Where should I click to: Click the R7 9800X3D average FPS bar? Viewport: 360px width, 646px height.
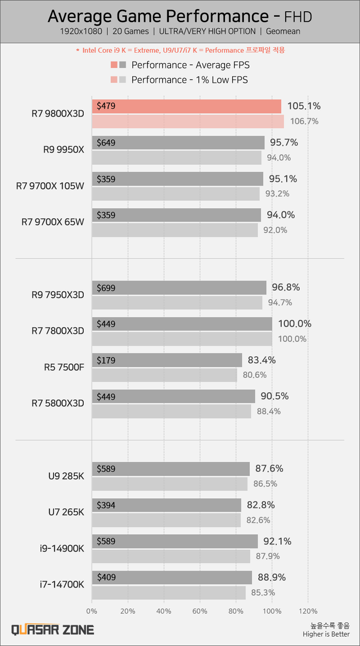pyautogui.click(x=186, y=106)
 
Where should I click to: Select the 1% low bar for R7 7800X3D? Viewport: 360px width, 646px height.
pyautogui.click(x=182, y=338)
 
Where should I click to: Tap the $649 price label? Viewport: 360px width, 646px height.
pyautogui.click(x=106, y=143)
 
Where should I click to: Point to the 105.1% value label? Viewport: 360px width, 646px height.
pyautogui.click(x=304, y=106)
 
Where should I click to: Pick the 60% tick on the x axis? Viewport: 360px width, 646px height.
pyautogui.click(x=200, y=611)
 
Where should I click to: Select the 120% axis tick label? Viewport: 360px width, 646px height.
pyautogui.click(x=308, y=611)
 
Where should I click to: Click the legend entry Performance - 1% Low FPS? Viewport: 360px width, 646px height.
pyautogui.click(x=190, y=80)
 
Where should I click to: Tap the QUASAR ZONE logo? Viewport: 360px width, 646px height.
pyautogui.click(x=53, y=630)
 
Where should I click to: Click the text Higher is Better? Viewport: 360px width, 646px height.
pyautogui.click(x=326, y=635)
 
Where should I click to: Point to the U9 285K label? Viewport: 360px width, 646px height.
pyautogui.click(x=66, y=476)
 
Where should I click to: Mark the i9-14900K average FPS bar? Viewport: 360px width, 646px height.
pyautogui.click(x=174, y=541)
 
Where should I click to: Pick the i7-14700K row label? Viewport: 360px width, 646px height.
pyautogui.click(x=62, y=585)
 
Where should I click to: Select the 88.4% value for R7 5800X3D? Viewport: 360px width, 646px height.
pyautogui.click(x=268, y=411)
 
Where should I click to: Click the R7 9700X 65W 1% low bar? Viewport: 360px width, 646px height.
pyautogui.click(x=174, y=229)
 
